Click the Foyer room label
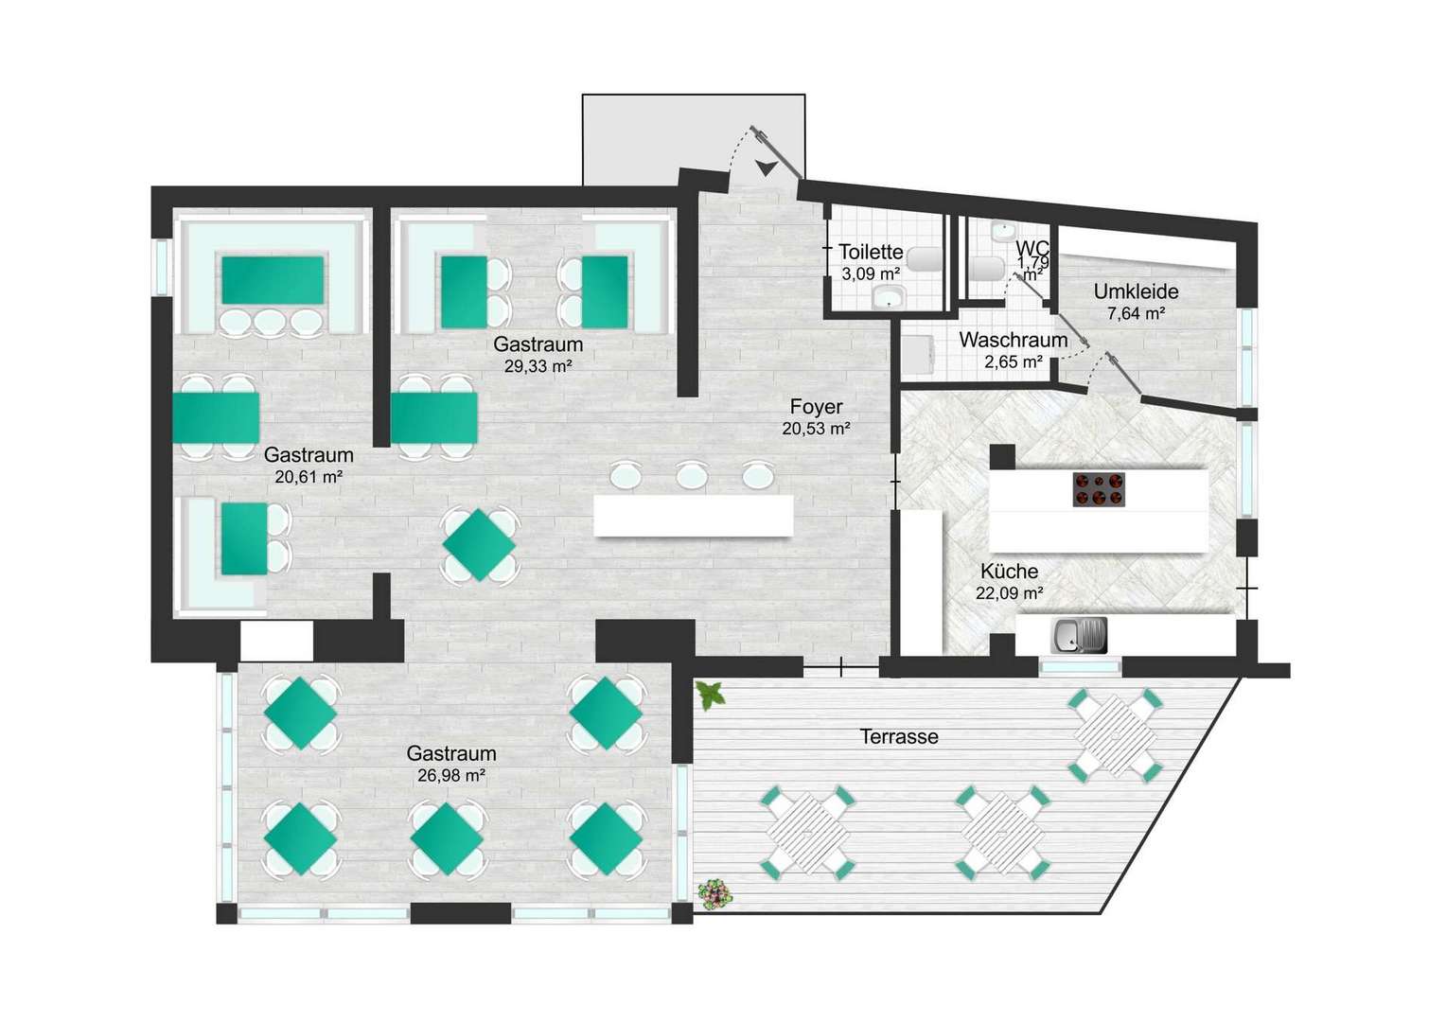pos(816,407)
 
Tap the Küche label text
pos(1009,572)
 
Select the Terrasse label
pos(899,736)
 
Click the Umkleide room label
pos(1137,291)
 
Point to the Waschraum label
pos(1013,341)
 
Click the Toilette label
pos(871,252)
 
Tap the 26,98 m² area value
pos(451,775)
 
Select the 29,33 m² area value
pos(538,367)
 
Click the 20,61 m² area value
pos(309,477)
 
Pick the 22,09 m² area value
pos(1010,592)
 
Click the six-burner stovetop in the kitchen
pos(1099,488)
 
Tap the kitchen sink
pos(1080,635)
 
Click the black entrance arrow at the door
pos(767,167)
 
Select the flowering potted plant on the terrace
pos(715,895)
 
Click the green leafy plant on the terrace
pos(711,696)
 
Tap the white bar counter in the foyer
pos(694,515)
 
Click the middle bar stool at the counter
pos(693,476)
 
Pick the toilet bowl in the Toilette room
pos(925,259)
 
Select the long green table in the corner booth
pos(273,280)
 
